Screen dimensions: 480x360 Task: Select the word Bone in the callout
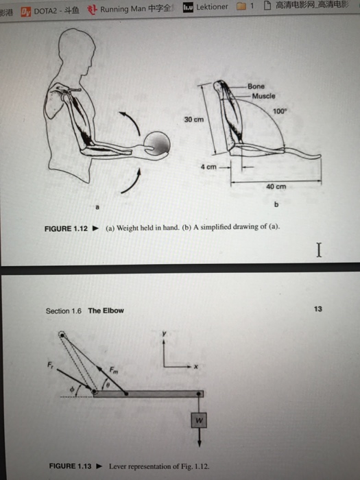(x=256, y=86)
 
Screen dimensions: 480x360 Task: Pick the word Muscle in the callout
(x=262, y=96)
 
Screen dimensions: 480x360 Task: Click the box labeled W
(x=198, y=418)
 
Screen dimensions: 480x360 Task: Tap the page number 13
(x=316, y=309)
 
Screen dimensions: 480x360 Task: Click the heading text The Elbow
(x=106, y=311)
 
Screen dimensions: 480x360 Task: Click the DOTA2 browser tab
(x=51, y=9)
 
